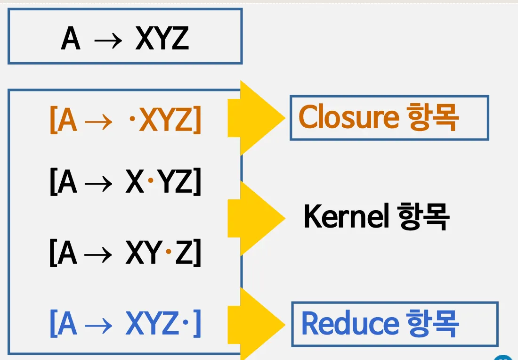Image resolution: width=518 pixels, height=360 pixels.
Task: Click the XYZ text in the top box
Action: click(162, 39)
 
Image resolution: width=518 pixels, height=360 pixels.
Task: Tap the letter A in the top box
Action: click(71, 39)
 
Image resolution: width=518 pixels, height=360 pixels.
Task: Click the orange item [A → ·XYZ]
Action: click(125, 121)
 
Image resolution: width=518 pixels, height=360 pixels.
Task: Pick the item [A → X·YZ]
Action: click(125, 183)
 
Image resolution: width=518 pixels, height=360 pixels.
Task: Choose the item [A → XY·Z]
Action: click(125, 254)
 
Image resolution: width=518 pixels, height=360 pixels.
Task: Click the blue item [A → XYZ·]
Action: click(125, 324)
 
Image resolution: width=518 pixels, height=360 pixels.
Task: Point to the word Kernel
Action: click(346, 217)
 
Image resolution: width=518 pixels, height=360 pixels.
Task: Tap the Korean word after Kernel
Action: click(423, 217)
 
